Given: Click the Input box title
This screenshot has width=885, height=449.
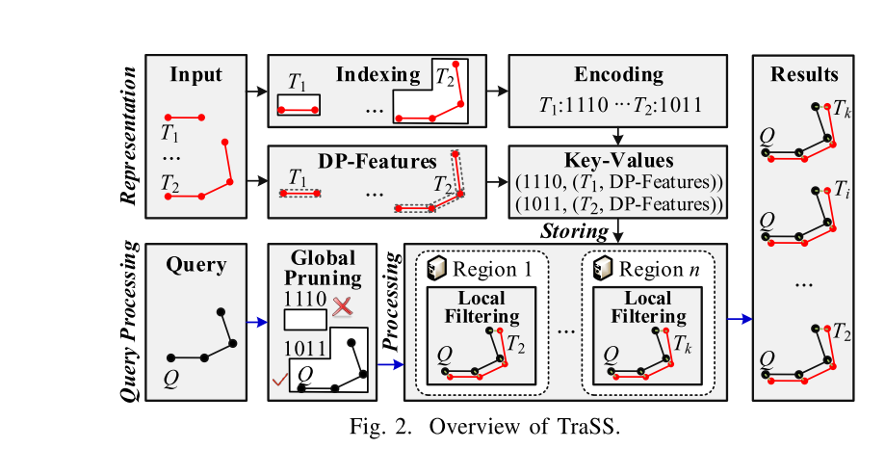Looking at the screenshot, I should click(x=195, y=74).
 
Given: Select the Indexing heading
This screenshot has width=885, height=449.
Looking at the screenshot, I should click(x=378, y=74).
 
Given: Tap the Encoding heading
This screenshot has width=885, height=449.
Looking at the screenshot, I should click(x=618, y=74).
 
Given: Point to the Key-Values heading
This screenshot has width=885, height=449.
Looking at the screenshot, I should click(x=618, y=160).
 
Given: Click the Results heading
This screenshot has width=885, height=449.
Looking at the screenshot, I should click(x=804, y=74).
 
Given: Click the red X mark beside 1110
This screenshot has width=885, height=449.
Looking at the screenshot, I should click(x=342, y=305).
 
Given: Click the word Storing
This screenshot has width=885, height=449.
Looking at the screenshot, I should click(x=573, y=230).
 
